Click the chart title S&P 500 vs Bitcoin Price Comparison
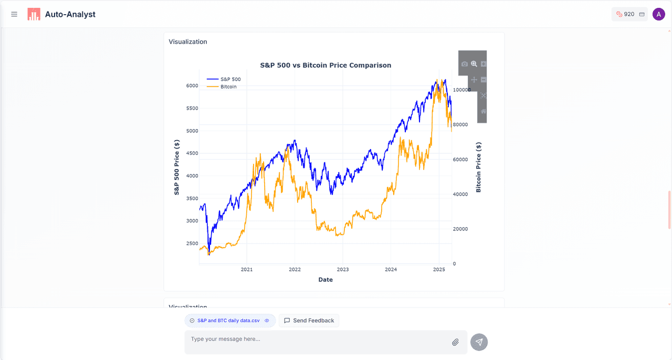point(325,66)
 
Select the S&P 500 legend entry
point(230,79)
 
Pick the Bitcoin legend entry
point(228,87)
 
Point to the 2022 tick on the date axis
point(295,270)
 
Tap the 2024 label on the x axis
point(391,270)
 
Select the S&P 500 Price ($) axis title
point(177,167)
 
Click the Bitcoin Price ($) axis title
point(478,167)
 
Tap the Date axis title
point(325,280)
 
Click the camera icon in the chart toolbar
point(465,64)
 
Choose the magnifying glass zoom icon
point(474,64)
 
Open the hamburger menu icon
point(14,14)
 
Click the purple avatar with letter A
point(659,14)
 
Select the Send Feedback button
point(309,321)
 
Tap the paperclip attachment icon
point(455,342)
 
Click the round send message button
point(479,342)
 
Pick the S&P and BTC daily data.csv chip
point(229,321)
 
